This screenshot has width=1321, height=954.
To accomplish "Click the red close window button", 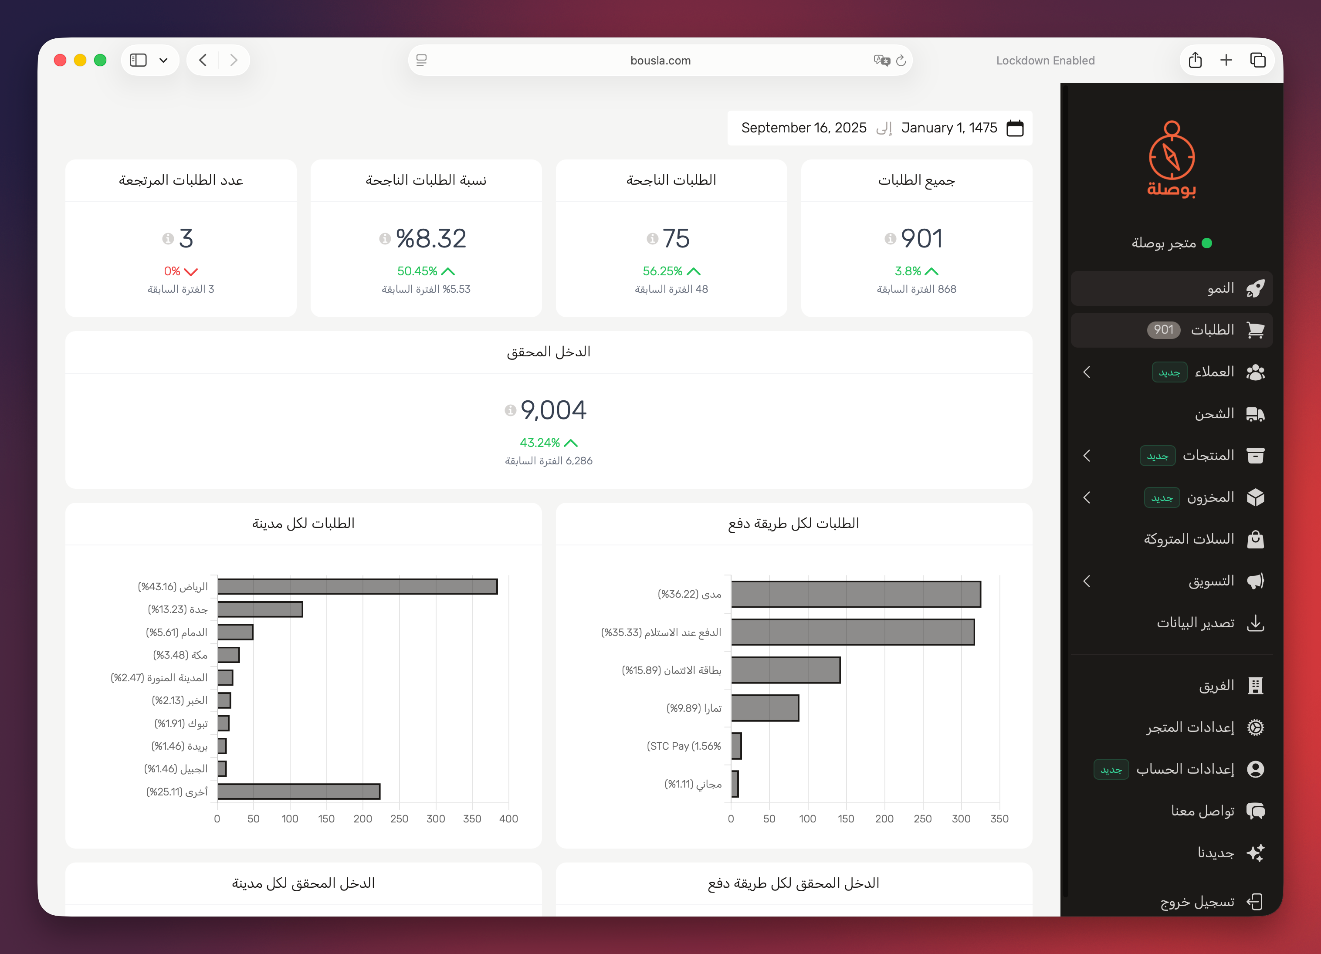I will click(x=60, y=60).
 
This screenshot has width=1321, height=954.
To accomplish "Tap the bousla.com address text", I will click(x=660, y=61).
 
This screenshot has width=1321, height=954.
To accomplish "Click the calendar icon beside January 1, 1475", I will click(x=1015, y=128).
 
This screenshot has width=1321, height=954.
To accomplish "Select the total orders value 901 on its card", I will click(x=921, y=238).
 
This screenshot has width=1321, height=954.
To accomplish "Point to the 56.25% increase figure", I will click(x=662, y=271).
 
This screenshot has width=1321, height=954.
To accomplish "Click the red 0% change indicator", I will click(x=173, y=271).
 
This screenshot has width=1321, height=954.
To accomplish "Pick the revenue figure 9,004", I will click(x=553, y=410).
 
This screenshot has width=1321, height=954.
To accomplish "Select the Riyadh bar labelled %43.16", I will click(x=357, y=586).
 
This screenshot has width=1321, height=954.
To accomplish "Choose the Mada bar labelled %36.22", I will click(x=856, y=594).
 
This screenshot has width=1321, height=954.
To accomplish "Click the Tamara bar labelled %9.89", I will click(x=765, y=708).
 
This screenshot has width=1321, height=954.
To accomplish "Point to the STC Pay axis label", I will click(x=683, y=746).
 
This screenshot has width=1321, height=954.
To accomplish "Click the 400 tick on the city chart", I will click(x=508, y=819).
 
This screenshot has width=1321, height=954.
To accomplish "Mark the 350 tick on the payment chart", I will click(x=999, y=819).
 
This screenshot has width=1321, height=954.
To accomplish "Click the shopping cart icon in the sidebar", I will click(x=1255, y=330).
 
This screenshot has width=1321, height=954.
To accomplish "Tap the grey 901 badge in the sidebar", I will click(x=1163, y=330).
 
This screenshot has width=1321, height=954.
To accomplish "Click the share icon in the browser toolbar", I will click(x=1195, y=60).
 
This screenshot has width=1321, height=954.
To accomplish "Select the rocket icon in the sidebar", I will click(x=1255, y=288).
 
